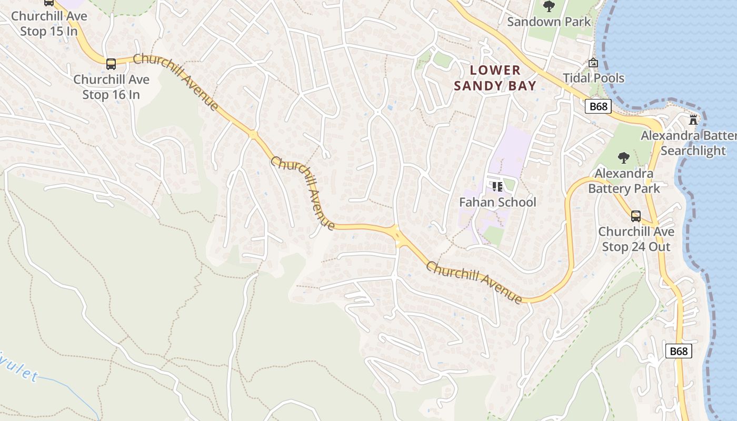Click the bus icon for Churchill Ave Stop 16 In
tap(111, 64)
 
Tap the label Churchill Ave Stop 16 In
tap(111, 87)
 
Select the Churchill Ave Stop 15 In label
tap(49, 24)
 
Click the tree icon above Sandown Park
tap(549, 7)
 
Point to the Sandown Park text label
tap(549, 22)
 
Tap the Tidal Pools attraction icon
tap(593, 63)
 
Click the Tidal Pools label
tap(593, 78)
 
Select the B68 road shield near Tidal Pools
tap(598, 106)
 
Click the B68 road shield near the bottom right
tap(678, 351)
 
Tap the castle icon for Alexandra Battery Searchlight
tap(693, 120)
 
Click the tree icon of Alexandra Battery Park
tap(624, 157)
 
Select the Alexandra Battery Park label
tap(624, 181)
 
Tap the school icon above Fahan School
tap(497, 186)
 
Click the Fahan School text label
tap(497, 203)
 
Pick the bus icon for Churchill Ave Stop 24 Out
tap(636, 216)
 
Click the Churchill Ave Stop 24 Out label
tap(636, 239)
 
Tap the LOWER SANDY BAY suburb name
tap(495, 78)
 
